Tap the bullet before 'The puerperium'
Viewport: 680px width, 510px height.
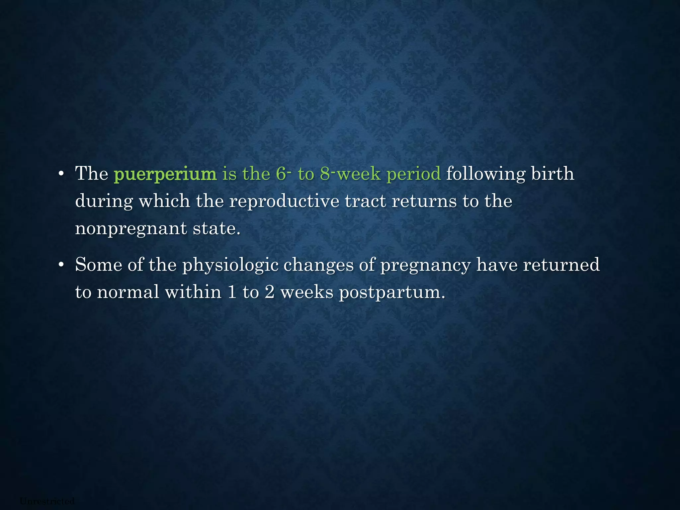tap(60, 174)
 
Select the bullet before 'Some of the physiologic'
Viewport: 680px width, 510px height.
tap(60, 265)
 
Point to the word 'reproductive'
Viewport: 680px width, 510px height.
tap(284, 201)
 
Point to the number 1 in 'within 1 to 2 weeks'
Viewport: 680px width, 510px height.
tap(232, 292)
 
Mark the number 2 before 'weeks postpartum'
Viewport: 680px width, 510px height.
tap(269, 292)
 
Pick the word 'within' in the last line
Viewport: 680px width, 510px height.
tap(193, 292)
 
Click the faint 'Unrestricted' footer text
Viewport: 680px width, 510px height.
tap(47, 501)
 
